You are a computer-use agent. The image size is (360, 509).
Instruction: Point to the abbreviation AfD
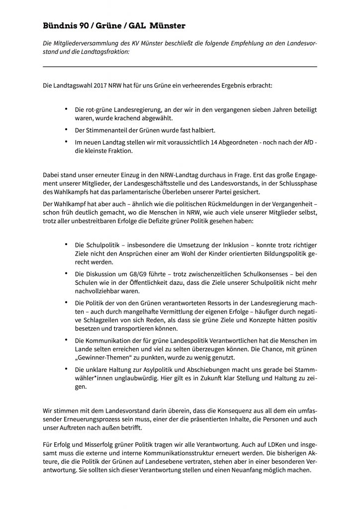pyautogui.click(x=299, y=143)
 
